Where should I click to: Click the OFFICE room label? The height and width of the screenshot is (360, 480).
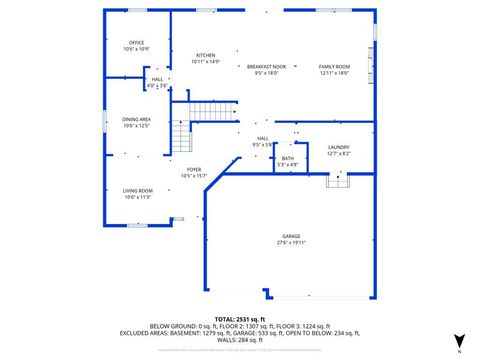point(137,42)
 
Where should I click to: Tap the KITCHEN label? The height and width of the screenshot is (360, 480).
point(206,55)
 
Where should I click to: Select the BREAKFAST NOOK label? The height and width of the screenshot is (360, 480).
point(266,66)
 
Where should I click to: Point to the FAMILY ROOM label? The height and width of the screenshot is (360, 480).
point(334,66)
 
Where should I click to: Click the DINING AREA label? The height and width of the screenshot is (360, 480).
point(137,119)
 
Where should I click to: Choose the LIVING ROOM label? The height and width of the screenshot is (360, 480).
point(138,190)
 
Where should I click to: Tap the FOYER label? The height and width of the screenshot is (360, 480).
point(194,169)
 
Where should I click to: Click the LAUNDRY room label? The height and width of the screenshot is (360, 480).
point(339,147)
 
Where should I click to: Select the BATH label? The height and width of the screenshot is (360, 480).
point(288,158)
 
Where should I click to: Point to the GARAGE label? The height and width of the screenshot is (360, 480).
point(291,236)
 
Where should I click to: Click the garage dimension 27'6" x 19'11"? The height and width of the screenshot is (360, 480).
point(291,243)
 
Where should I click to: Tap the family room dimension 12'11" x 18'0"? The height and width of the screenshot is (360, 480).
point(334,73)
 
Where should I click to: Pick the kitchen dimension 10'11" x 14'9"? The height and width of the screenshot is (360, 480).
point(206,62)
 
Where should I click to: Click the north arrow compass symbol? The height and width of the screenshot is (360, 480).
point(459,341)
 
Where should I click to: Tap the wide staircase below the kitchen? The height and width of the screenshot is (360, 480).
point(213,110)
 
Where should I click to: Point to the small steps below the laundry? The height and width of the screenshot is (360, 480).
point(338,180)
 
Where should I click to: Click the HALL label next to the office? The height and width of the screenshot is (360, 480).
point(158,79)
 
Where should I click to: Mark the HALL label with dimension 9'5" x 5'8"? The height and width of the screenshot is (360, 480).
point(263,138)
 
